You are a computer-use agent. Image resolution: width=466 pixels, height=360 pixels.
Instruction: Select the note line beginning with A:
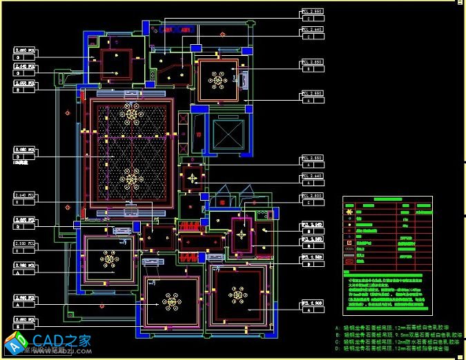coord(396,328)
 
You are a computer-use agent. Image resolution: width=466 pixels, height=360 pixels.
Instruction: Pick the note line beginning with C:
coord(396,341)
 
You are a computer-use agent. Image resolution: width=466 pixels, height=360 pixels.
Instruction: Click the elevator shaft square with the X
coord(228,135)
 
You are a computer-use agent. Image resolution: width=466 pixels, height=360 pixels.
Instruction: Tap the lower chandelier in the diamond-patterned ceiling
coord(130,179)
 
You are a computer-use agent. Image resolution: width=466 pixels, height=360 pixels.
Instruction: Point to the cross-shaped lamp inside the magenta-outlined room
coord(242,234)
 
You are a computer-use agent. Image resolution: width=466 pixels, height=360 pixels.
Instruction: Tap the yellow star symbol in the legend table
coord(350,211)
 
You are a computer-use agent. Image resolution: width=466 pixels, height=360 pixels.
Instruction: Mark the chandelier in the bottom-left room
coord(109,259)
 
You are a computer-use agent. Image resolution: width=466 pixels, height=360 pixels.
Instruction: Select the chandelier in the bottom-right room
coord(239,295)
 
